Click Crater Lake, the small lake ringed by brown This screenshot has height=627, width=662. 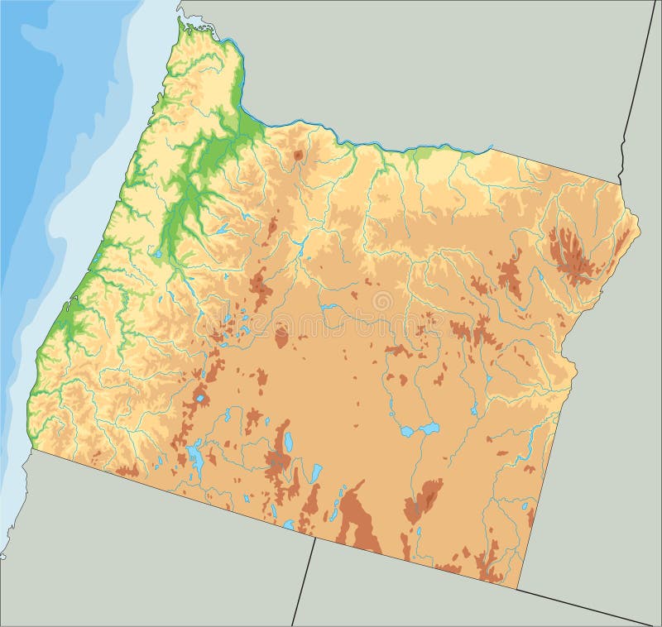pyautogui.click(x=199, y=399)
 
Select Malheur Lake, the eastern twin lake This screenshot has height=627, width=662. pyautogui.click(x=429, y=428)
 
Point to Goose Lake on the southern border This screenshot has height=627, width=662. pyautogui.click(x=288, y=524)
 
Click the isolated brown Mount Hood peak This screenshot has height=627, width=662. pyautogui.click(x=298, y=155)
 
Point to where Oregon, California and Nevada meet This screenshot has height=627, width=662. pyautogui.click(x=315, y=537)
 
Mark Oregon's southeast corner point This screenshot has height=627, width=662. pyautogui.click(x=518, y=589)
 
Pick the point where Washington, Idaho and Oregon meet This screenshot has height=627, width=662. pyautogui.click(x=619, y=183)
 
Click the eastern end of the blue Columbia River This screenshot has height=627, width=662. pyautogui.click(x=492, y=148)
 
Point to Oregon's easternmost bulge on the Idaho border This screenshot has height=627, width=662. pyautogui.click(x=638, y=223)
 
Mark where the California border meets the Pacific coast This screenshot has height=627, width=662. pyautogui.click(x=32, y=450)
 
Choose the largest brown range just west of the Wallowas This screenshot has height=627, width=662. pyautogui.click(x=509, y=275)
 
